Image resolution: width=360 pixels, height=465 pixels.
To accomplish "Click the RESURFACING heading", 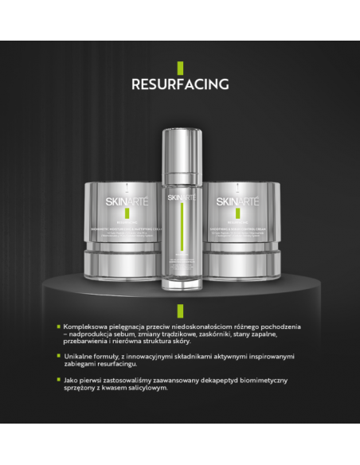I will [180, 84].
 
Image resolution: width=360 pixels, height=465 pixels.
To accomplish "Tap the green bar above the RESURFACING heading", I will [180, 68].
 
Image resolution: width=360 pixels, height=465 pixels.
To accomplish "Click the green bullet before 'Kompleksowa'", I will [58, 326].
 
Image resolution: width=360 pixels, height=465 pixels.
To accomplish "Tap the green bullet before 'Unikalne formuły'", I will [58, 356].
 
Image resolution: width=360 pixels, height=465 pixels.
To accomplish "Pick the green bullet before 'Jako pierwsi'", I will [58, 379].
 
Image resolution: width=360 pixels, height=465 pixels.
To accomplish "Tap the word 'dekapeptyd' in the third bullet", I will [225, 380].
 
